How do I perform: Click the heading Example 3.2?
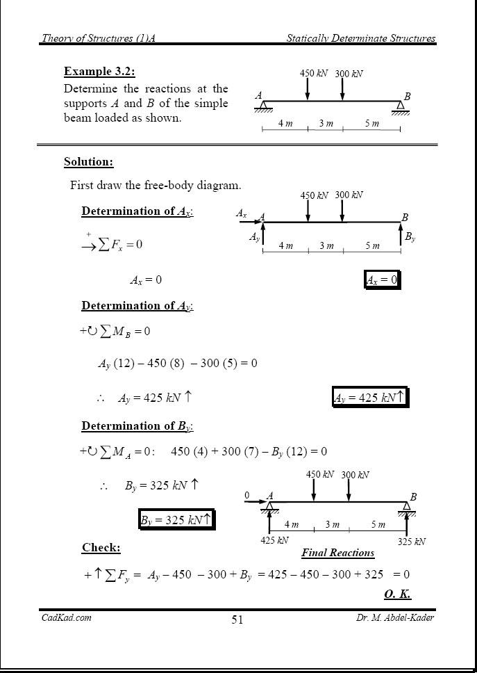click(99, 72)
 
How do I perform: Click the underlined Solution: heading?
click(88, 162)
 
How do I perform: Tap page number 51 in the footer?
click(237, 620)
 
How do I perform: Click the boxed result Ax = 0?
click(382, 279)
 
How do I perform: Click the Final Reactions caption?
click(338, 553)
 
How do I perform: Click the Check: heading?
click(101, 548)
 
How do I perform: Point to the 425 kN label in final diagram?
click(274, 540)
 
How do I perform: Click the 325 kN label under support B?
click(412, 542)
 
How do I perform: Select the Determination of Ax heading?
click(137, 211)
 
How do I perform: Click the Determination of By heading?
click(137, 425)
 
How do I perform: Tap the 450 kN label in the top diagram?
click(313, 74)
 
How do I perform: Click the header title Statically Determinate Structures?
click(361, 38)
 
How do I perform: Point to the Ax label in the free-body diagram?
click(241, 213)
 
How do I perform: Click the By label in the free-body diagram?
click(410, 236)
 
